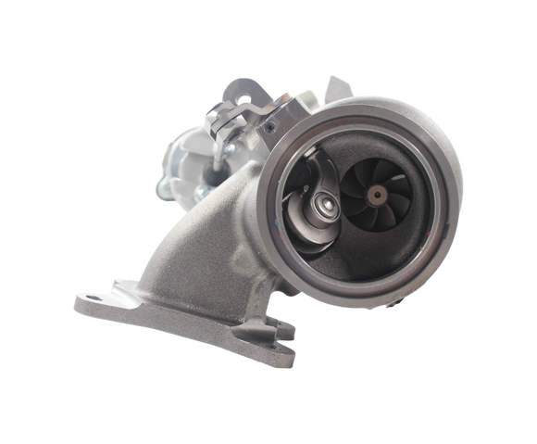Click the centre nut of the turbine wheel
coord(377,194)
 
